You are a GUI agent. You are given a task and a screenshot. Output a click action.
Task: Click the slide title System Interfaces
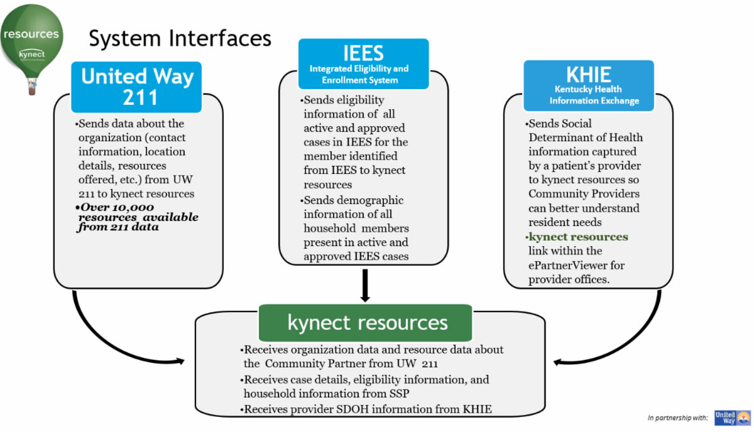click(x=180, y=38)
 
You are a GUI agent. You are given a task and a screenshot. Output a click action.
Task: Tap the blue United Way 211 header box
click(x=136, y=86)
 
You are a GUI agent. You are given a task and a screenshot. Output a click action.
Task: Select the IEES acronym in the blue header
click(x=363, y=53)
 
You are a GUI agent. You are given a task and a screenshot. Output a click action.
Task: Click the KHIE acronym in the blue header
click(x=588, y=75)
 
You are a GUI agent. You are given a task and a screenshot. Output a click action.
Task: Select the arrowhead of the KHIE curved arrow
click(x=557, y=362)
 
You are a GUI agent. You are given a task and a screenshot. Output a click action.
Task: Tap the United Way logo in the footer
click(x=732, y=418)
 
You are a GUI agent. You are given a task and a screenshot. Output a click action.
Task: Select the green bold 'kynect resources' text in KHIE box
click(x=578, y=237)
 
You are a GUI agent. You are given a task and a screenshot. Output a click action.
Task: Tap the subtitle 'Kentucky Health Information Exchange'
click(x=594, y=95)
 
